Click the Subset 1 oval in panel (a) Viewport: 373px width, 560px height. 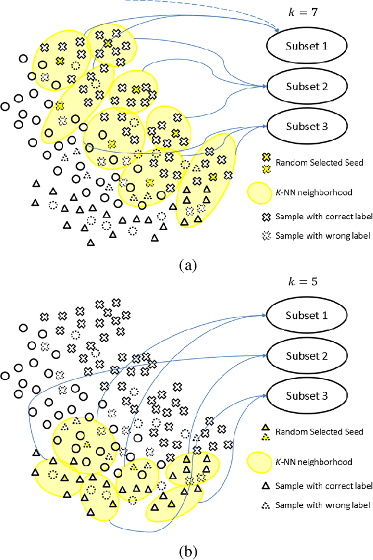tap(306, 46)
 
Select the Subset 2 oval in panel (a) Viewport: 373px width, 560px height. tap(306, 86)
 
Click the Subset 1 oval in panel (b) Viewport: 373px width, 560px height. tap(306, 316)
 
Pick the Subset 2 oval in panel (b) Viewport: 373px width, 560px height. tap(306, 356)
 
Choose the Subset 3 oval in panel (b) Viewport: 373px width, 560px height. tap(306, 396)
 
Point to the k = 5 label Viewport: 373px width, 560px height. tap(306, 281)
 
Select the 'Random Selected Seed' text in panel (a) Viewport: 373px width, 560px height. tap(314, 162)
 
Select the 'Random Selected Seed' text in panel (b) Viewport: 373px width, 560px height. tap(314, 431)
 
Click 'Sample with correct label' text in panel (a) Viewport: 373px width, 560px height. tap(325, 217)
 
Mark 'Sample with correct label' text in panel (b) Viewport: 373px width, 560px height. tap(325, 486)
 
